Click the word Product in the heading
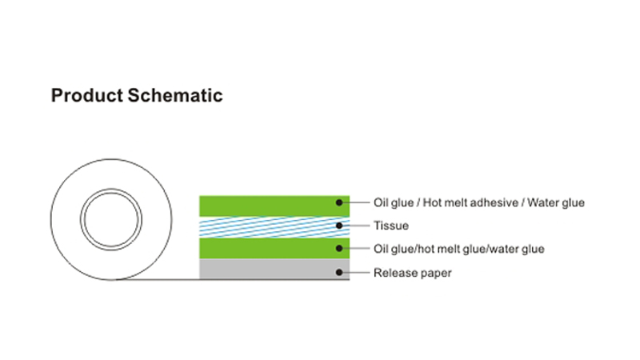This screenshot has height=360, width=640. [x=87, y=95]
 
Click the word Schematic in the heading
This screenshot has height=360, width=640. [x=175, y=95]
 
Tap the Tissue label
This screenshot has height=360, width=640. [x=391, y=226]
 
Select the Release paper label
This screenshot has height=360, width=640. [x=413, y=273]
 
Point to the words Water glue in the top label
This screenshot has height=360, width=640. [x=556, y=203]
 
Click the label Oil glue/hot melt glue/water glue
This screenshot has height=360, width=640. [x=458, y=249]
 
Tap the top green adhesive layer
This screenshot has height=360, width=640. [x=274, y=206]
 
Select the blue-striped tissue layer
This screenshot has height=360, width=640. [x=274, y=227]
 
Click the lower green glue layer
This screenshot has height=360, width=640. [x=274, y=248]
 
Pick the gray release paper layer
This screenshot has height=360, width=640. [x=274, y=269]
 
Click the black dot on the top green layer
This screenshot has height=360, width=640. [x=339, y=202]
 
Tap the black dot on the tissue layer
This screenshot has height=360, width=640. [x=339, y=226]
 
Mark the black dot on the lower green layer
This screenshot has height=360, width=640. [x=339, y=248]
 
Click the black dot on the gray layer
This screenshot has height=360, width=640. [x=339, y=272]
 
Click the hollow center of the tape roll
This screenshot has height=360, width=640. [x=111, y=219]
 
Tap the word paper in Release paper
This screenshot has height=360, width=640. [x=437, y=274]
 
